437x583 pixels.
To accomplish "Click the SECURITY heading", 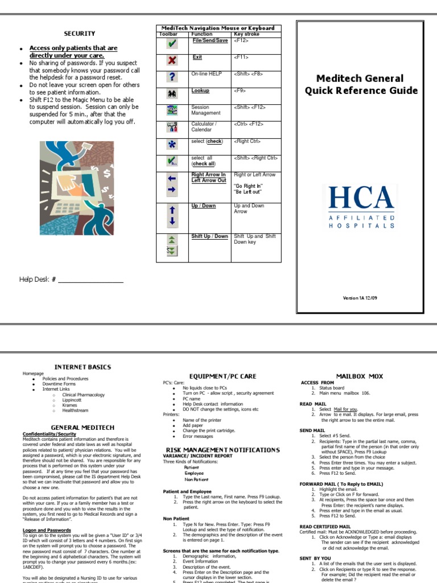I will point(79,34).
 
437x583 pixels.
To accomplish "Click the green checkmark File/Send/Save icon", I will point(172,43).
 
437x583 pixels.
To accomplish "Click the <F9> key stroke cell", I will point(241,91).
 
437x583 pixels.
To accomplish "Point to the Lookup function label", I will point(200,91).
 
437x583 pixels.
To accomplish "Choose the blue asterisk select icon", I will point(172,145).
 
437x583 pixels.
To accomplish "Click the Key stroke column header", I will point(246,34).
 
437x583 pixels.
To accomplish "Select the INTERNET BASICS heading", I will point(83,367).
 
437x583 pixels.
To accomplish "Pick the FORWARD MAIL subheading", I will point(341,484).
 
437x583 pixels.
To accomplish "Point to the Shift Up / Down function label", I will point(209,236).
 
